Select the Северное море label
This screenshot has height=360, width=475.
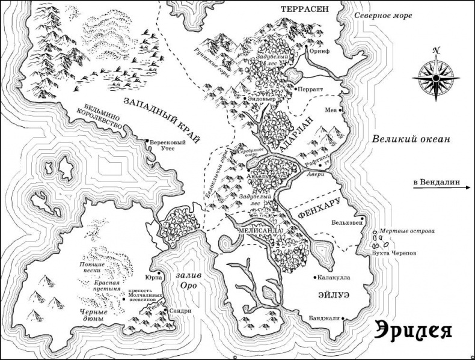pos(382,16)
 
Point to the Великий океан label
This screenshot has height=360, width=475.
pos(411,139)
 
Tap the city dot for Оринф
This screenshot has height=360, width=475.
pos(307,46)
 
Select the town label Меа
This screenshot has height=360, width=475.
pos(330,111)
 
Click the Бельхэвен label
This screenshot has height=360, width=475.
pos(347,222)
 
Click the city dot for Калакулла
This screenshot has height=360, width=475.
pos(316,278)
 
